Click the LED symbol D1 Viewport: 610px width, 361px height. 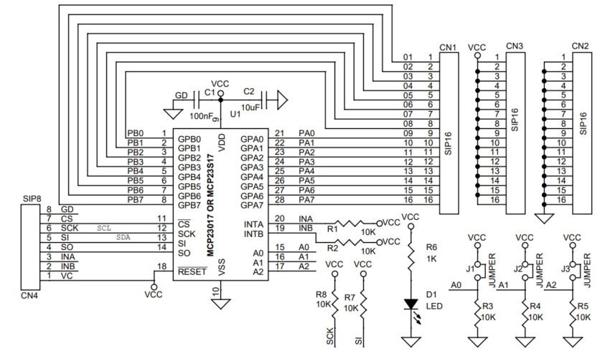(411, 304)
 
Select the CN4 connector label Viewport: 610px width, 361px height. (29, 294)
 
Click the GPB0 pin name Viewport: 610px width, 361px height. (189, 139)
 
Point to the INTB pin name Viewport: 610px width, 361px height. (253, 234)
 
